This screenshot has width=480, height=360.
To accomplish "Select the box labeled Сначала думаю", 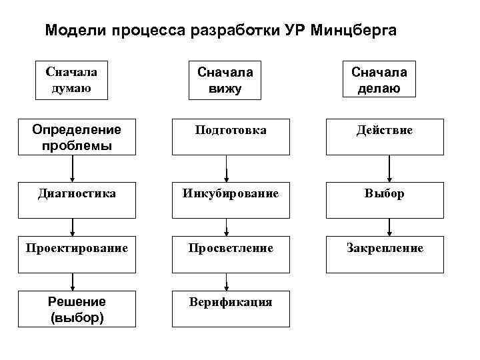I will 71,80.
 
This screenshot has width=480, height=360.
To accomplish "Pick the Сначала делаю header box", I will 379,80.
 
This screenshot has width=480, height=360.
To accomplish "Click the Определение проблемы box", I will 76,137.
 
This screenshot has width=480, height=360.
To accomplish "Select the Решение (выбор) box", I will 76,309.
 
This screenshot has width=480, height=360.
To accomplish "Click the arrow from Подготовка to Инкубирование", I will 227,169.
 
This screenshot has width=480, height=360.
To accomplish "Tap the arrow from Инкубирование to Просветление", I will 227,227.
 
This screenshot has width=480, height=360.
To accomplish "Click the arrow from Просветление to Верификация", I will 227,282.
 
